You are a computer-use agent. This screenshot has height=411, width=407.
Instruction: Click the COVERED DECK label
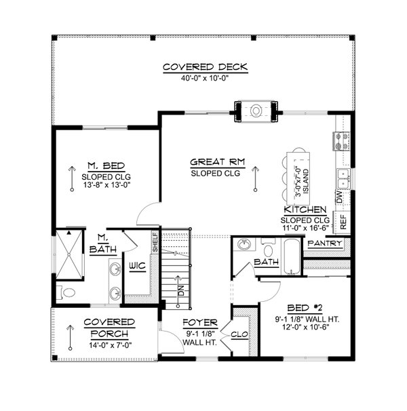205,66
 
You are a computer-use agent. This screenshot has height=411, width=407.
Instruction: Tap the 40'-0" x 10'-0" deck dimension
205,77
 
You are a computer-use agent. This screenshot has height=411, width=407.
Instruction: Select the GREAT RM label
216,162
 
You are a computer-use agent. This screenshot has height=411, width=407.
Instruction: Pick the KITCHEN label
307,210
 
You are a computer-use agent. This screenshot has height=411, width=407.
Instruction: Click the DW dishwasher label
339,197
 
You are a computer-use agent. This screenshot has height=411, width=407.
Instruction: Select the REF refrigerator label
343,220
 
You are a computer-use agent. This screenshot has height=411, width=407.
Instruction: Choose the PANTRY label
323,243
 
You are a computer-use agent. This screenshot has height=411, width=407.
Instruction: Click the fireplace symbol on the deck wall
257,109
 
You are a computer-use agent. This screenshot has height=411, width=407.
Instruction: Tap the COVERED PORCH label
109,328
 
